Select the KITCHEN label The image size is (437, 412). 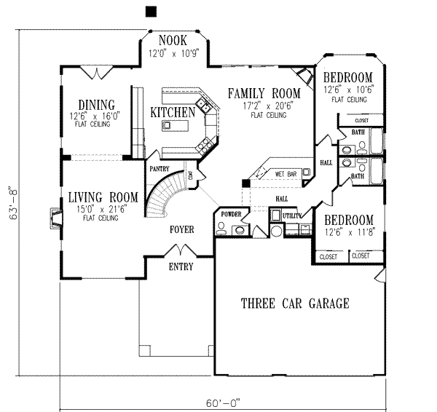[x=173, y=112]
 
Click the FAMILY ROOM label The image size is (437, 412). [x=263, y=93]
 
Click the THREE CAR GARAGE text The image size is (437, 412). [x=295, y=304]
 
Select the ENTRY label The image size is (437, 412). [x=181, y=266]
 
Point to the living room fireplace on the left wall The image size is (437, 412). [x=55, y=218]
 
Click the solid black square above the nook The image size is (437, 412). [x=151, y=10]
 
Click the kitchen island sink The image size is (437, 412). [x=168, y=125]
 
